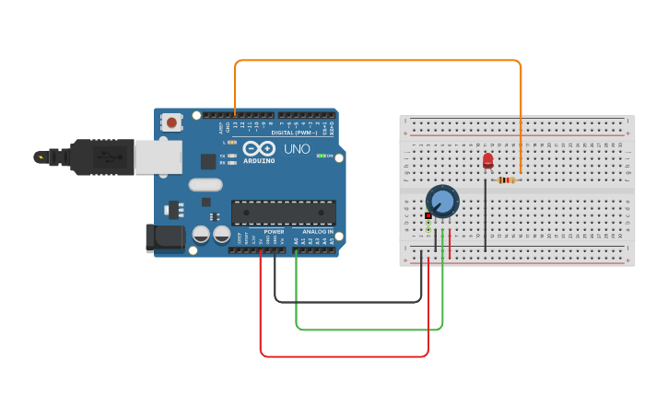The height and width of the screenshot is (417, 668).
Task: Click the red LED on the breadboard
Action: [487, 161]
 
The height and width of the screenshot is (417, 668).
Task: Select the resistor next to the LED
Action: [507, 180]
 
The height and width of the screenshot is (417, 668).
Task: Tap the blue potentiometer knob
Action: [442, 201]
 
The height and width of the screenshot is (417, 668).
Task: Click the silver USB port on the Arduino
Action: [158, 157]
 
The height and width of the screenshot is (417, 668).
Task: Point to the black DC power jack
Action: [165, 237]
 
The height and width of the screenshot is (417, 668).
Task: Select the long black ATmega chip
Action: [283, 213]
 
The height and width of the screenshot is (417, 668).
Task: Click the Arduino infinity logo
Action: [260, 148]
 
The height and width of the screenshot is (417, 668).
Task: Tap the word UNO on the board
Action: [297, 148]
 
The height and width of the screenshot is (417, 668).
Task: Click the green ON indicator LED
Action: [320, 156]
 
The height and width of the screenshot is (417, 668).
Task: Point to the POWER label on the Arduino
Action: [274, 232]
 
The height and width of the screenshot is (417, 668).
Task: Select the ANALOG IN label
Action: [318, 232]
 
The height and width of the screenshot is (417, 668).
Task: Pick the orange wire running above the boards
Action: [378, 61]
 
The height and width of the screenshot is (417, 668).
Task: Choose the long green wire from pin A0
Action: [369, 329]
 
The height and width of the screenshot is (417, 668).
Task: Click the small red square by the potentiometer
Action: [428, 215]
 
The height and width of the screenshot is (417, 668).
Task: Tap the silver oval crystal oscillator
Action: [205, 184]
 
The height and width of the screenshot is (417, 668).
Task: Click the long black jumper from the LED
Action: [485, 216]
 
